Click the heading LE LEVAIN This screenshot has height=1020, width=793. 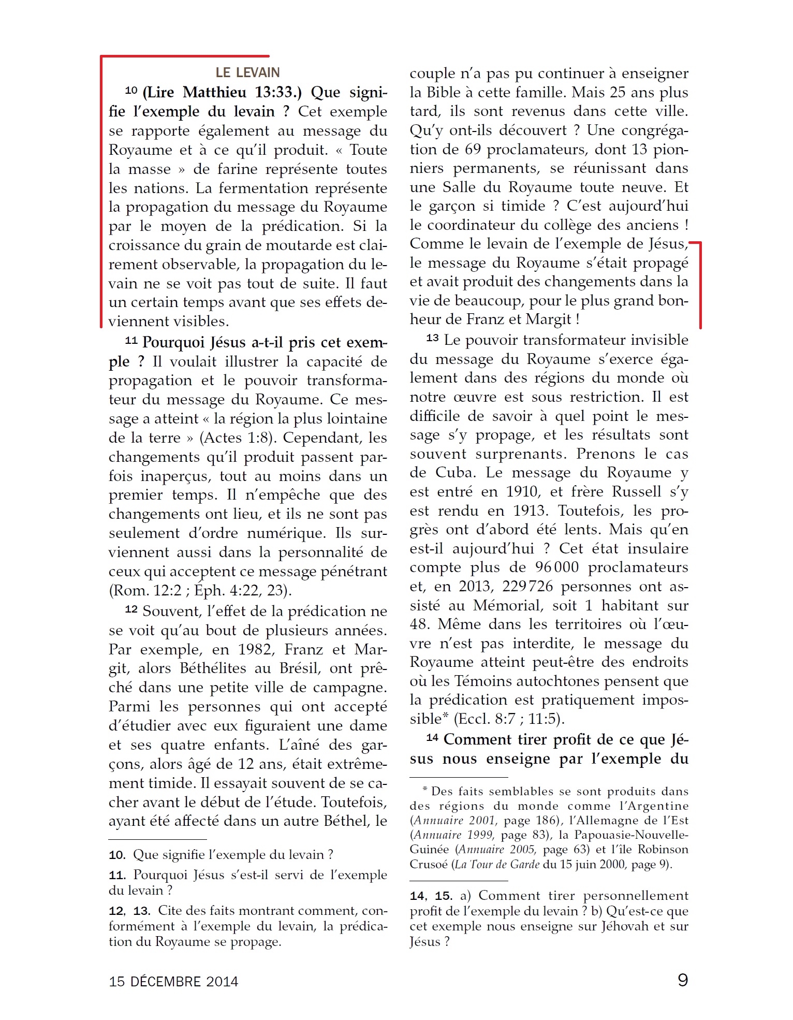(x=247, y=72)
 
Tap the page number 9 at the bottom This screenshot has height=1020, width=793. (x=683, y=980)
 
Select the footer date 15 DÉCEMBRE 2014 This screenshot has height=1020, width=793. (x=173, y=981)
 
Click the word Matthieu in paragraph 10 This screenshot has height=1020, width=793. (x=214, y=92)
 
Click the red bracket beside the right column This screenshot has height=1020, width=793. (x=699, y=285)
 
